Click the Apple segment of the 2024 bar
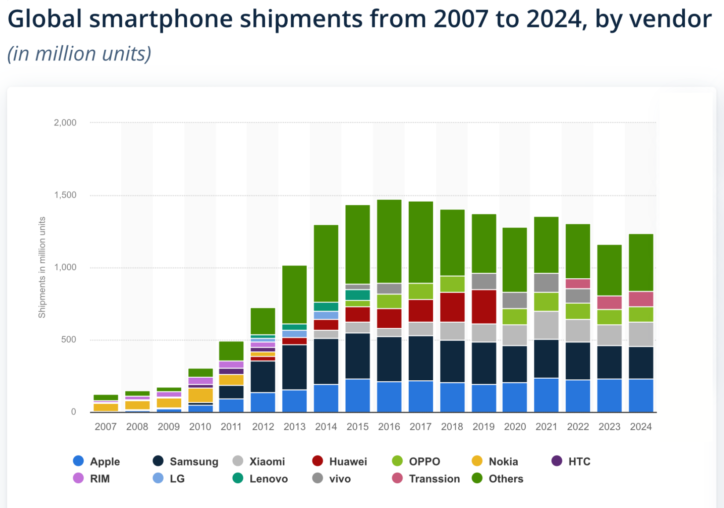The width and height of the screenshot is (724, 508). (x=641, y=395)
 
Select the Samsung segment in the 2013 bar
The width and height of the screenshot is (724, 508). (x=294, y=367)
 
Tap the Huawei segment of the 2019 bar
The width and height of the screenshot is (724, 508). (x=484, y=307)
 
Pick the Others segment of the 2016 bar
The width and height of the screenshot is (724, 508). (x=389, y=241)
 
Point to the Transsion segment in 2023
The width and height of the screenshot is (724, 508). (x=609, y=302)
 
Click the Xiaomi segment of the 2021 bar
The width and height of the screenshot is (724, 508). (x=546, y=325)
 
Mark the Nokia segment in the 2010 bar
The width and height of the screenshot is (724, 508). (x=201, y=395)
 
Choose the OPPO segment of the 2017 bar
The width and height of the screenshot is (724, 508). (x=421, y=291)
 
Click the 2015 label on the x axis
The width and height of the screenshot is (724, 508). (x=358, y=427)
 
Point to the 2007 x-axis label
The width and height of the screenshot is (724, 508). (x=106, y=427)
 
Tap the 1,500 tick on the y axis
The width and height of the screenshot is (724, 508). (x=65, y=195)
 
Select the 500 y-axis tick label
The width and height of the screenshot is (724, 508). (x=68, y=339)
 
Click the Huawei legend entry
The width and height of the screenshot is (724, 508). (x=347, y=461)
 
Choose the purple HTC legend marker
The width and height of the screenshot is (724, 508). (x=557, y=461)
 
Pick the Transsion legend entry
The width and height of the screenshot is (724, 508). (x=434, y=479)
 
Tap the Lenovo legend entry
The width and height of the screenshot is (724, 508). (x=268, y=479)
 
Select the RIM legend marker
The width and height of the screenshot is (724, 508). (x=78, y=478)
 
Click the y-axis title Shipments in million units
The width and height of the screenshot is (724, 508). (x=42, y=267)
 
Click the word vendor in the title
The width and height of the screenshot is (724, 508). (x=653, y=19)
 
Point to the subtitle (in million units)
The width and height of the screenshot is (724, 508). (x=80, y=54)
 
